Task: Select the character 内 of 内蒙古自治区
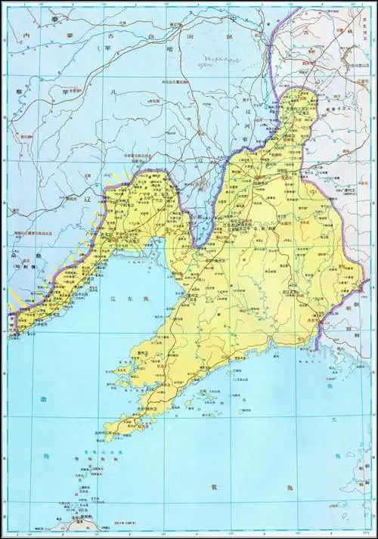pyautogui.click(x=26, y=36)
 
